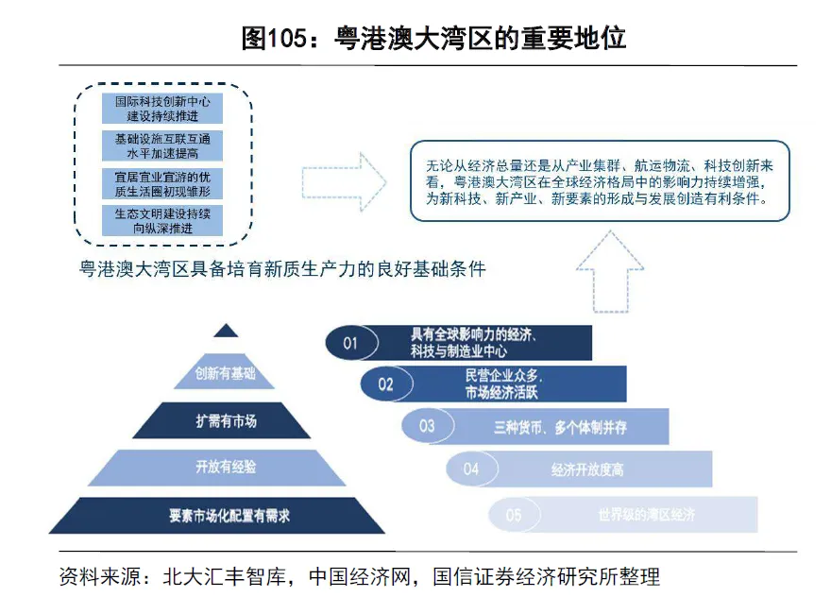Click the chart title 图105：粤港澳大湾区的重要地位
coord(433,39)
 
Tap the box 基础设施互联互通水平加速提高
coord(162,145)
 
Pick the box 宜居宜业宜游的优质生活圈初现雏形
coord(162,183)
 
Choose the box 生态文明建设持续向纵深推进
coord(162,221)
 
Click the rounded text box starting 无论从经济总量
coord(600,181)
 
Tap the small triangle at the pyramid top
coord(226,331)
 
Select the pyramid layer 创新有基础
coord(226,373)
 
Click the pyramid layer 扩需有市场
coord(226,420)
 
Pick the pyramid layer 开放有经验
coord(226,467)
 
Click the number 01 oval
coord(351,343)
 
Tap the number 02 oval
coord(386,384)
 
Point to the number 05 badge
coord(514,515)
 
